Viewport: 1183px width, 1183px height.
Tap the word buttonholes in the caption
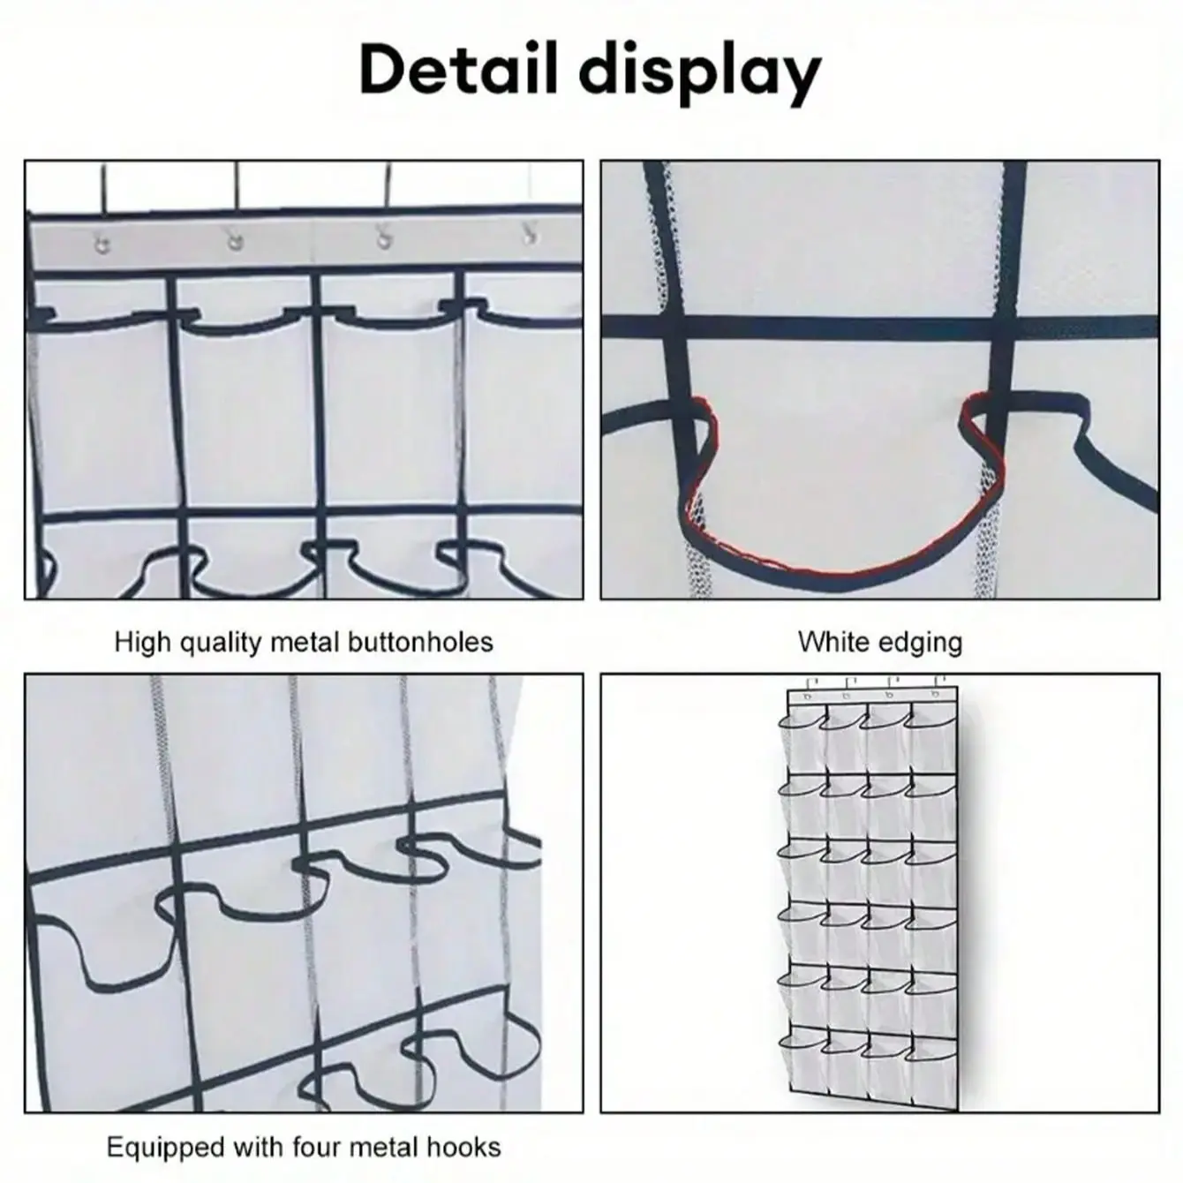click(x=420, y=642)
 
